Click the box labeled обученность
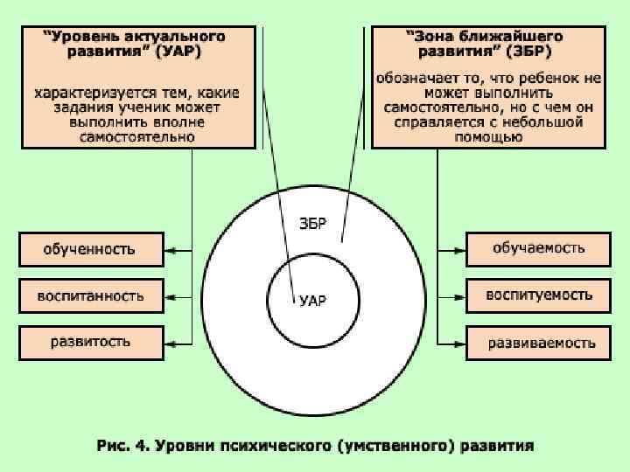(90, 249)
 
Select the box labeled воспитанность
(90, 295)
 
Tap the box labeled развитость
(90, 341)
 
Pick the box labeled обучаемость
(537, 249)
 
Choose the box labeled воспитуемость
(537, 295)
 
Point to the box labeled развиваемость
(537, 342)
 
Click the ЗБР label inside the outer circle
(312, 224)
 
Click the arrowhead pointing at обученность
(171, 251)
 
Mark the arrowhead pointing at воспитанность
(171, 296)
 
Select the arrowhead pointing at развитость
(171, 342)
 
